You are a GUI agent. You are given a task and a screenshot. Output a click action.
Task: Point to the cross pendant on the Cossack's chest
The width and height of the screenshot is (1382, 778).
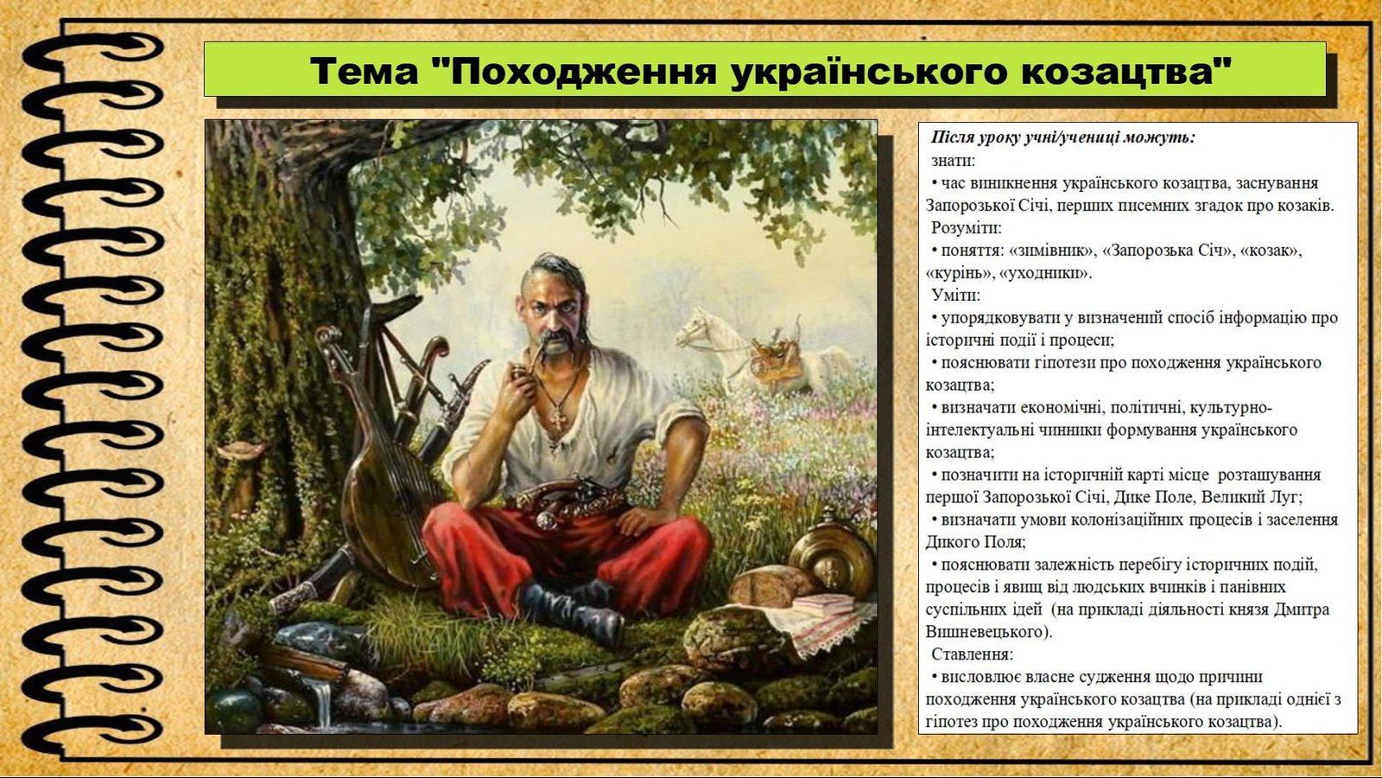(557, 419)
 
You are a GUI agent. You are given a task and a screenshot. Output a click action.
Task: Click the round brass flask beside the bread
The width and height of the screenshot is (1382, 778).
(830, 558)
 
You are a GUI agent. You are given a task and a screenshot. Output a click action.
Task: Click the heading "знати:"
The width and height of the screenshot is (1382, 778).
(954, 161)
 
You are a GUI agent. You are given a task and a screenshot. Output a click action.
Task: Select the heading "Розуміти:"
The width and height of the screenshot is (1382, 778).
(967, 228)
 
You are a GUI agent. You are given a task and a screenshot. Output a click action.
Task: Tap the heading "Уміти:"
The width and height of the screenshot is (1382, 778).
(955, 295)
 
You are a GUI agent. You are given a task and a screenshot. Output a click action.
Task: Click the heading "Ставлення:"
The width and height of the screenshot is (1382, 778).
(973, 654)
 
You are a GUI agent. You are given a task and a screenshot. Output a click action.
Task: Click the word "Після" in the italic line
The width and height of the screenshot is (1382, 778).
(951, 137)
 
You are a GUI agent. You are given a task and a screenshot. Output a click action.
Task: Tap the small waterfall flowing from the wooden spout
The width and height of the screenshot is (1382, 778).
(323, 704)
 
